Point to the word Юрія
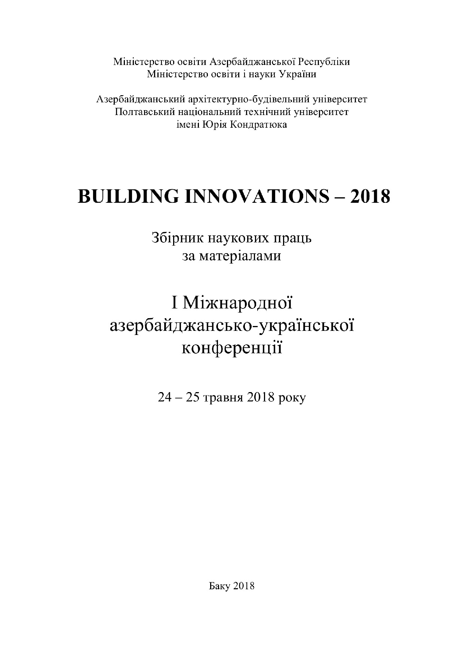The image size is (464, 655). [x=214, y=124]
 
